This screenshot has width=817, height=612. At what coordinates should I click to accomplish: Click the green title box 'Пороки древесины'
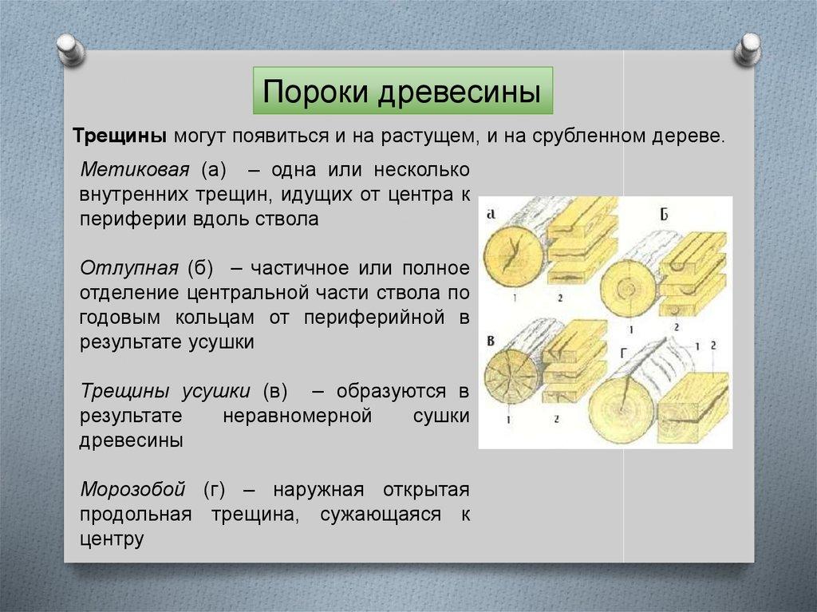pos(403,91)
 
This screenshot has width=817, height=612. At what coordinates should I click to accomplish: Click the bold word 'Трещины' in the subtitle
pos(120,136)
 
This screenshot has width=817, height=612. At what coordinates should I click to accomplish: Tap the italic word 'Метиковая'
pos(135,170)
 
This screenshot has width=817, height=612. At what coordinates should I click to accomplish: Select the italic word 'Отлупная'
pos(129,268)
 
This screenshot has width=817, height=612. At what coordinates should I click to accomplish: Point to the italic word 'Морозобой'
pos(133,489)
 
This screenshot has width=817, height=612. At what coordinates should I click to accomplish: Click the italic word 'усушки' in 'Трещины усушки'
pos(216,392)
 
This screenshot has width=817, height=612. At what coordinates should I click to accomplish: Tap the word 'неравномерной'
pos(298,416)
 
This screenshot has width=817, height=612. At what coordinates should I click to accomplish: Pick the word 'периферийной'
pos(374,318)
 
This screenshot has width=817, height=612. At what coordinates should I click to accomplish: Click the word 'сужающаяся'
pos(381,515)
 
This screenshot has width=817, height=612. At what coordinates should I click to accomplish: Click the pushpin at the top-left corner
pos(70,49)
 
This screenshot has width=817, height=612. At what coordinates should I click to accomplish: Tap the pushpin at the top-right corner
pos(748,49)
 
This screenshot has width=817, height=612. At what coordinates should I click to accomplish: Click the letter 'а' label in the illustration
pos(491,213)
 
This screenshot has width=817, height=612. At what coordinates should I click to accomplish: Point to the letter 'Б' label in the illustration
pos(664,215)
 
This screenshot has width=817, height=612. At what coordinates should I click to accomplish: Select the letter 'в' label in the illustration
pos(491,342)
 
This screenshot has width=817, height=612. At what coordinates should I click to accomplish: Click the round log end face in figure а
pos(514,257)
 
